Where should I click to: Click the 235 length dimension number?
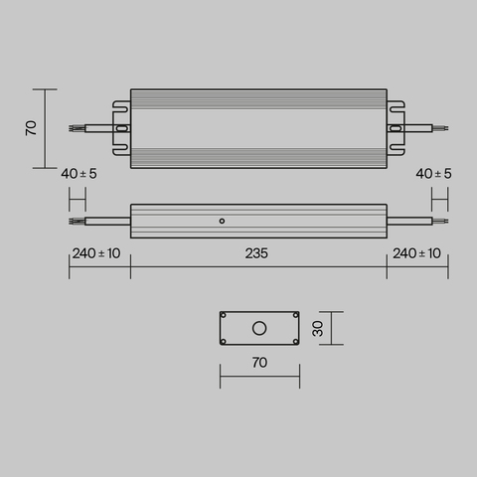point(256,254)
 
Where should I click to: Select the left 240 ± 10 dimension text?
point(96,254)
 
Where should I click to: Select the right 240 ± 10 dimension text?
point(417,254)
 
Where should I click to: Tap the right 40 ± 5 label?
point(433,174)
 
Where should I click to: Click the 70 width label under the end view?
point(258,364)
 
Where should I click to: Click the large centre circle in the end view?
point(258,328)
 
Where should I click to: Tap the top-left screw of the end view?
point(225,317)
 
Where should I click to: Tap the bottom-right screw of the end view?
point(293,340)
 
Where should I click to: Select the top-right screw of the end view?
point(293,317)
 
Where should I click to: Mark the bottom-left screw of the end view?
point(225,340)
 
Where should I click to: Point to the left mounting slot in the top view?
point(122,127)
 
